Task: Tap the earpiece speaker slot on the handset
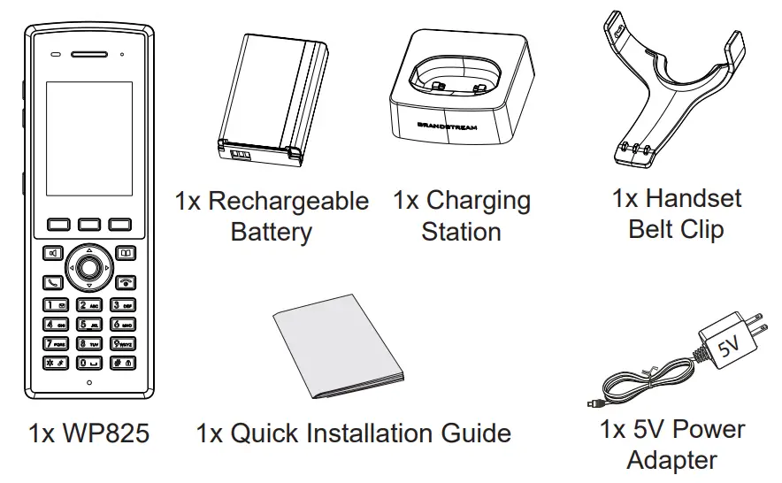click(88, 54)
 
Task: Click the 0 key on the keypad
click(88, 363)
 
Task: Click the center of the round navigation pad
click(88, 266)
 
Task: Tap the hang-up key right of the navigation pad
click(125, 283)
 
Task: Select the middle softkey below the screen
click(88, 225)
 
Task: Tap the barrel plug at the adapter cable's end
click(591, 405)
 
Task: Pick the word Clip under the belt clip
click(702, 229)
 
